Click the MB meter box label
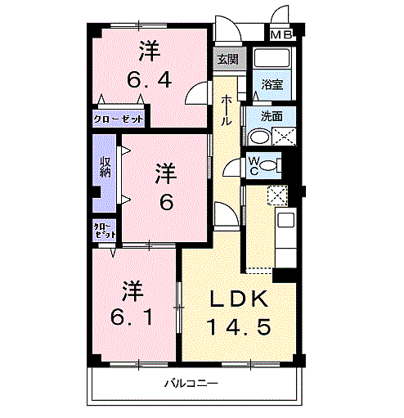point(281,34)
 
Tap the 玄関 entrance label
point(228,59)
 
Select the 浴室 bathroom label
point(272,84)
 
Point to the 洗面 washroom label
point(272,116)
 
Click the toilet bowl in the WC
point(268,165)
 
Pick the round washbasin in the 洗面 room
point(259,137)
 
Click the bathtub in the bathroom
point(271,58)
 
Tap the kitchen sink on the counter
point(285,220)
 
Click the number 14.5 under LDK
point(239,327)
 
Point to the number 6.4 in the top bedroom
point(150,80)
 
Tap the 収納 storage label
point(105,167)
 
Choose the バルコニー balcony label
point(191,384)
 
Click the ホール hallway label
point(226,110)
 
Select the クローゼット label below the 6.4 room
point(118,119)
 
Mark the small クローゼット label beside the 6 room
point(105,231)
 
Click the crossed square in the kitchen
point(277,196)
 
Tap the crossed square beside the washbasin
point(284,137)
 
